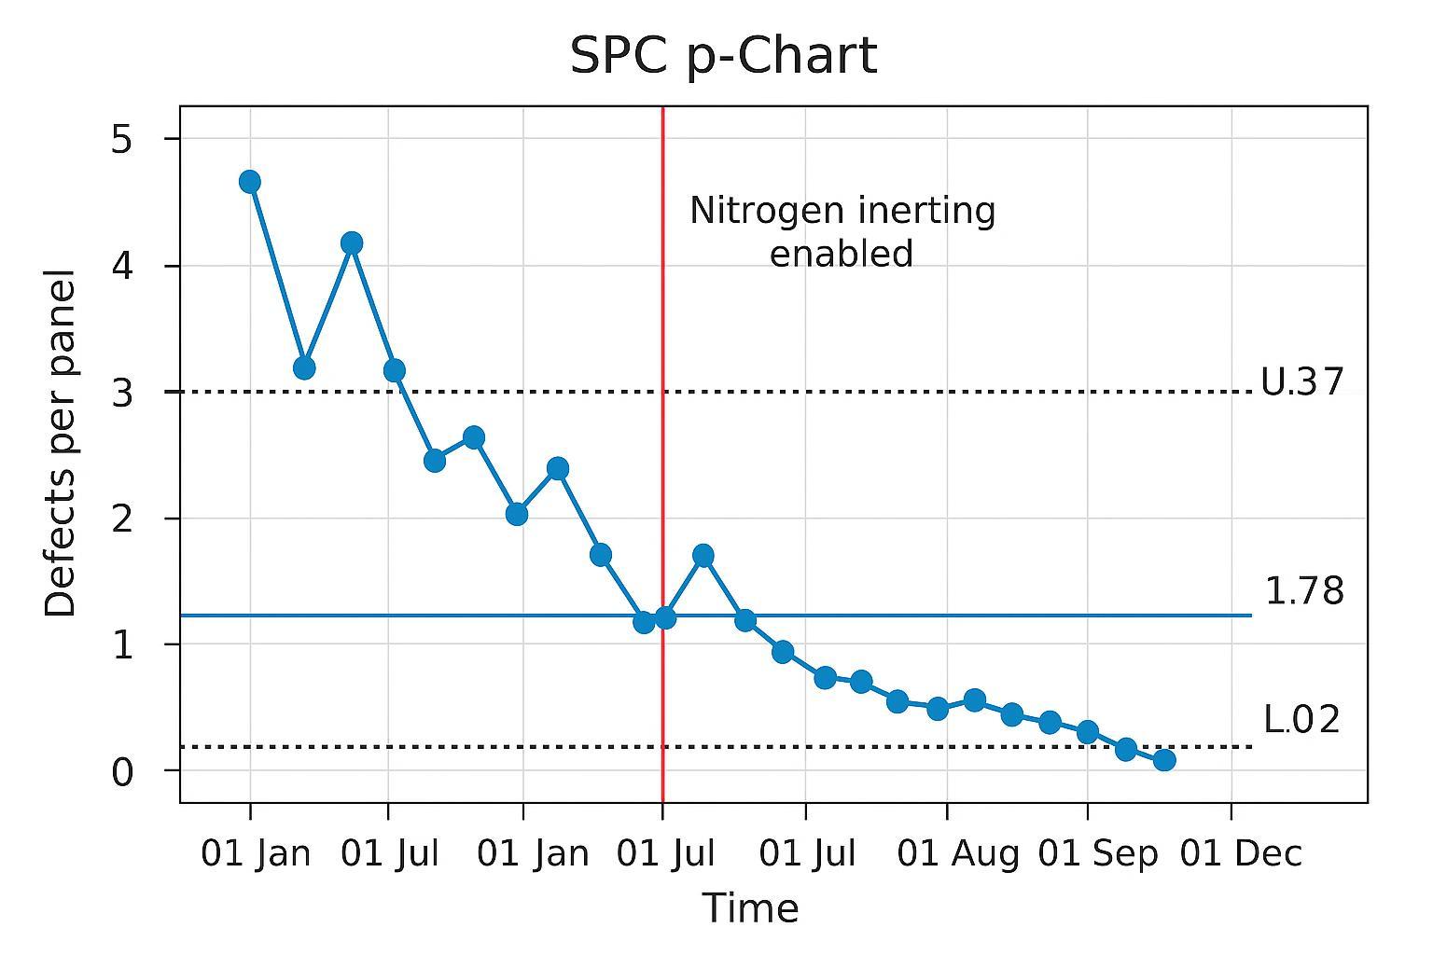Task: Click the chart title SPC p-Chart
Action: click(723, 56)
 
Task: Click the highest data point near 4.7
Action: click(249, 181)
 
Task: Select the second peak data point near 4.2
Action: click(352, 243)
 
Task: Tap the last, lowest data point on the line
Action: click(1164, 759)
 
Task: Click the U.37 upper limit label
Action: click(1301, 382)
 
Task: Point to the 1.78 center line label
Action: click(1303, 591)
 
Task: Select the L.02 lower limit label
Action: click(1301, 719)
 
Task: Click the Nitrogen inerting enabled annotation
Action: click(842, 231)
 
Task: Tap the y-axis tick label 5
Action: click(122, 140)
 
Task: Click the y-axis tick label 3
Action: click(122, 393)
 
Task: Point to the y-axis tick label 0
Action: click(122, 772)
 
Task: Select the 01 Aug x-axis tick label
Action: click(957, 853)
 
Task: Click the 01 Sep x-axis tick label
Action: click(1097, 853)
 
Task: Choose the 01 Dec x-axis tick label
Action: click(1240, 853)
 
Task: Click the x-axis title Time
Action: click(750, 908)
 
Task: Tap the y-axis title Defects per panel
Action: click(61, 443)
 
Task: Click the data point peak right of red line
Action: click(703, 556)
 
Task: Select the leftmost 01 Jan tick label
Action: click(256, 853)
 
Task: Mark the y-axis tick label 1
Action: click(122, 645)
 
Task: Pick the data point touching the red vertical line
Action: click(665, 617)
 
